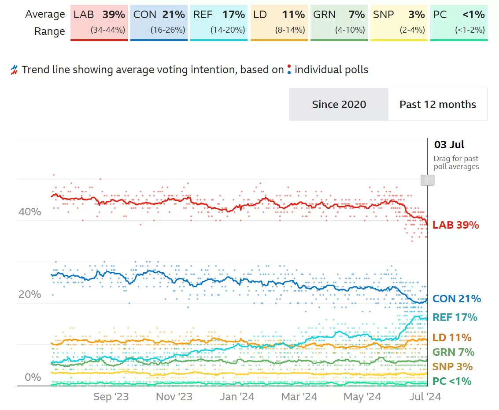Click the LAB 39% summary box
(99, 22)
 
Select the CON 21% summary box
(159, 22)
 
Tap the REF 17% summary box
(219, 22)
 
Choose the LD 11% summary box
(279, 22)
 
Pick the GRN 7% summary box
(339, 22)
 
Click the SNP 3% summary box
(399, 22)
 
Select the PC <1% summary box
(459, 22)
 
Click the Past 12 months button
(438, 105)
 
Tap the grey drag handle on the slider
(428, 180)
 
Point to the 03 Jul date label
(449, 145)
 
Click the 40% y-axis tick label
(30, 212)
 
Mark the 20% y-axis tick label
(30, 294)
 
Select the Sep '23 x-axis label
(111, 397)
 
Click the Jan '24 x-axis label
(237, 397)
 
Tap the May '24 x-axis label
(362, 397)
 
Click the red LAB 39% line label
(455, 225)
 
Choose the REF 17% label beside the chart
(455, 317)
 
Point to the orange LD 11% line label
(452, 338)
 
